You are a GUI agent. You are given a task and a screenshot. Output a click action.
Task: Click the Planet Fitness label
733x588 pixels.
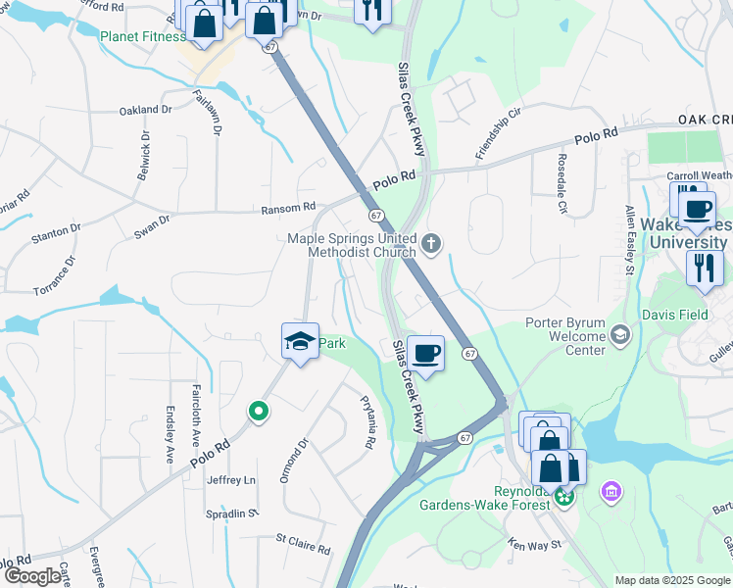(x=142, y=36)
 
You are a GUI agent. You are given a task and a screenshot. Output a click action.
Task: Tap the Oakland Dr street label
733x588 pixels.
(x=145, y=111)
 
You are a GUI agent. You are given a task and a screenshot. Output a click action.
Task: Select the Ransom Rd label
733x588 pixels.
(x=288, y=208)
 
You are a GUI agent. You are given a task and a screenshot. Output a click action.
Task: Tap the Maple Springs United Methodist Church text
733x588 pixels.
(x=352, y=245)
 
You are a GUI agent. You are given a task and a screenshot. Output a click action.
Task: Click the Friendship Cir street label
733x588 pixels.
(x=498, y=134)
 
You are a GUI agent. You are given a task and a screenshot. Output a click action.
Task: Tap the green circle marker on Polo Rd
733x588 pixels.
(x=258, y=412)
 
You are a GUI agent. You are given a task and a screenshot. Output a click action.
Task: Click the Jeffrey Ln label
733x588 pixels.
(x=231, y=480)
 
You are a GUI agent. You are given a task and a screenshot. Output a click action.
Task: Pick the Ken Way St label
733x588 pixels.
(x=534, y=543)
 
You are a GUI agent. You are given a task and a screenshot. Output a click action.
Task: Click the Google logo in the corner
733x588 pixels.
(x=33, y=576)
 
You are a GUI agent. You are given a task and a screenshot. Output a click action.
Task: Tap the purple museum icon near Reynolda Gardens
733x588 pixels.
(x=612, y=490)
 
